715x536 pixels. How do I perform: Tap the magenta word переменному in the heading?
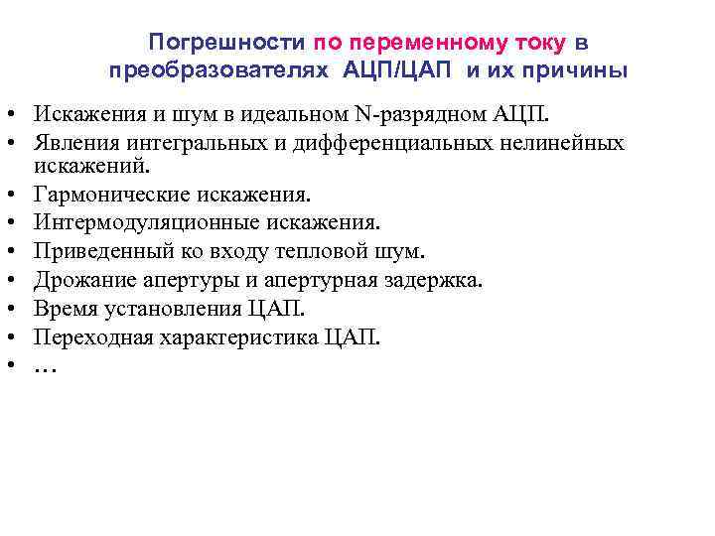[432, 43]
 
